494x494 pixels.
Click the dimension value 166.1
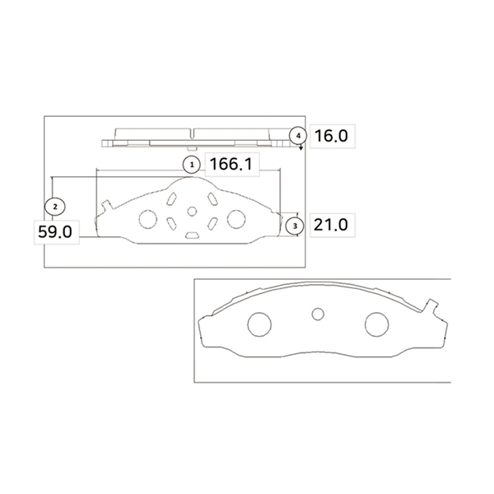tap(231, 165)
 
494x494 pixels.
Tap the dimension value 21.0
tap(331, 225)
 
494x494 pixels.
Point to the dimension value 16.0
tap(331, 136)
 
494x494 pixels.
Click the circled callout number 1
tap(192, 165)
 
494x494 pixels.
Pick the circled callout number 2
tap(55, 207)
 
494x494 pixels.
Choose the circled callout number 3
tap(295, 226)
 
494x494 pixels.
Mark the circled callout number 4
tap(298, 136)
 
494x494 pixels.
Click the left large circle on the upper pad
tap(148, 219)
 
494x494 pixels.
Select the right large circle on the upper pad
tap(236, 219)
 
